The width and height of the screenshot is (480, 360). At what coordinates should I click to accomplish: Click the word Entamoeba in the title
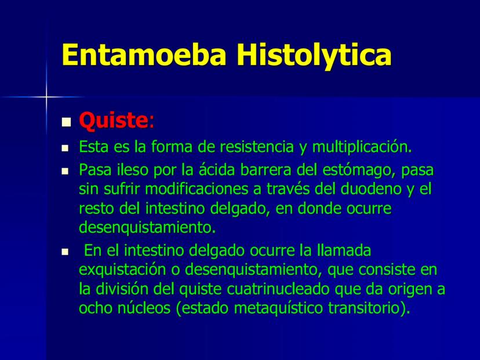(x=144, y=54)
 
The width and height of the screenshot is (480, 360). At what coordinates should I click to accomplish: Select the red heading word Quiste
(x=114, y=121)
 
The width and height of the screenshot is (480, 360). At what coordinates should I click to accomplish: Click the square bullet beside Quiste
(x=66, y=122)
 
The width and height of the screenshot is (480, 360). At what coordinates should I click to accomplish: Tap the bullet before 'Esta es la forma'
(x=65, y=148)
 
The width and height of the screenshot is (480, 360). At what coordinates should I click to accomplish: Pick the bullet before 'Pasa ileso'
(x=65, y=172)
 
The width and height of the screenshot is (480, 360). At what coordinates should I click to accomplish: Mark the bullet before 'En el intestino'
(x=65, y=252)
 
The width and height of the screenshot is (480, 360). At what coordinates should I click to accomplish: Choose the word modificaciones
(x=197, y=189)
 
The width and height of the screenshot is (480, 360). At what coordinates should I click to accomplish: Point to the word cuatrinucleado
(x=278, y=289)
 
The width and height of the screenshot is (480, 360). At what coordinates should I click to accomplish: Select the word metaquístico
(x=278, y=308)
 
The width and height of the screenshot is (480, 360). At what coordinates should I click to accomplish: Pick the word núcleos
(x=144, y=308)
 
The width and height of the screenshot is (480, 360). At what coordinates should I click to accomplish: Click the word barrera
(x=266, y=170)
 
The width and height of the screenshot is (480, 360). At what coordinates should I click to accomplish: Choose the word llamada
(x=344, y=250)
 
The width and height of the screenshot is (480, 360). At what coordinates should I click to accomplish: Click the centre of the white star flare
(x=46, y=97)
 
